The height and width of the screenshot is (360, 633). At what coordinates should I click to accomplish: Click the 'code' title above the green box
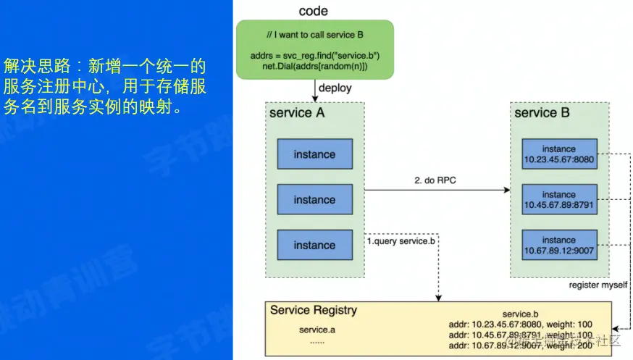click(x=313, y=11)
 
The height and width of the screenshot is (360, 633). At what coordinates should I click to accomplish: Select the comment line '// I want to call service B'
click(x=314, y=35)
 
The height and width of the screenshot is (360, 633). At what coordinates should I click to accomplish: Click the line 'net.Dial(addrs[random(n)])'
click(x=315, y=66)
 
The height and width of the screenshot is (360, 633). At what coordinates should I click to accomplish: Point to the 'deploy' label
click(x=335, y=88)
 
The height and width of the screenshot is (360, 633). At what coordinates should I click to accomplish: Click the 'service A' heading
click(x=297, y=113)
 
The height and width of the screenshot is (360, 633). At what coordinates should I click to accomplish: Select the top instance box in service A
click(x=314, y=154)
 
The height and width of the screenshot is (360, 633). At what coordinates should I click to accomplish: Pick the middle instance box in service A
click(x=314, y=200)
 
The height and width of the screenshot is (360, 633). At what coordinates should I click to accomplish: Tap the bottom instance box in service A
click(x=314, y=246)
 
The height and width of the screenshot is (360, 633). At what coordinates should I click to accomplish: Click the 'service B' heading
click(x=542, y=113)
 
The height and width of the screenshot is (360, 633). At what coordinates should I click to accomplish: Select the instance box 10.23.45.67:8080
click(x=558, y=154)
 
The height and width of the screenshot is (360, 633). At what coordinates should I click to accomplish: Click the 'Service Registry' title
click(x=314, y=310)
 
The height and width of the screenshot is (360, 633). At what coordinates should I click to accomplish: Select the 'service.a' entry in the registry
click(x=317, y=330)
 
